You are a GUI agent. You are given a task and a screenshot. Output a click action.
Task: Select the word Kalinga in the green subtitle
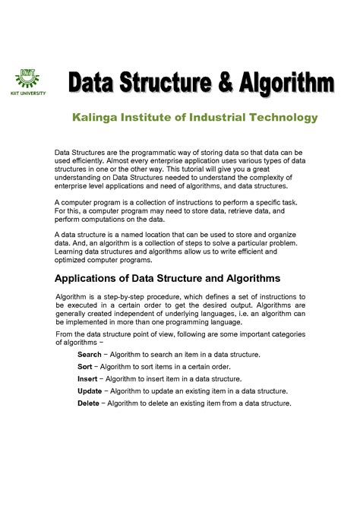[97, 118]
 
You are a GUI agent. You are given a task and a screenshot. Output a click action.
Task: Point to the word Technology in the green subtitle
[281, 118]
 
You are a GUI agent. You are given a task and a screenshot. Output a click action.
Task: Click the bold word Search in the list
[90, 355]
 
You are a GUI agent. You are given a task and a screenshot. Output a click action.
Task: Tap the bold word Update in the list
[90, 391]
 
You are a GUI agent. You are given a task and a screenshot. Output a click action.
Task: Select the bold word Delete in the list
[89, 403]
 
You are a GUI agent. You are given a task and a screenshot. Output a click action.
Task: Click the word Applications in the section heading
[92, 279]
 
